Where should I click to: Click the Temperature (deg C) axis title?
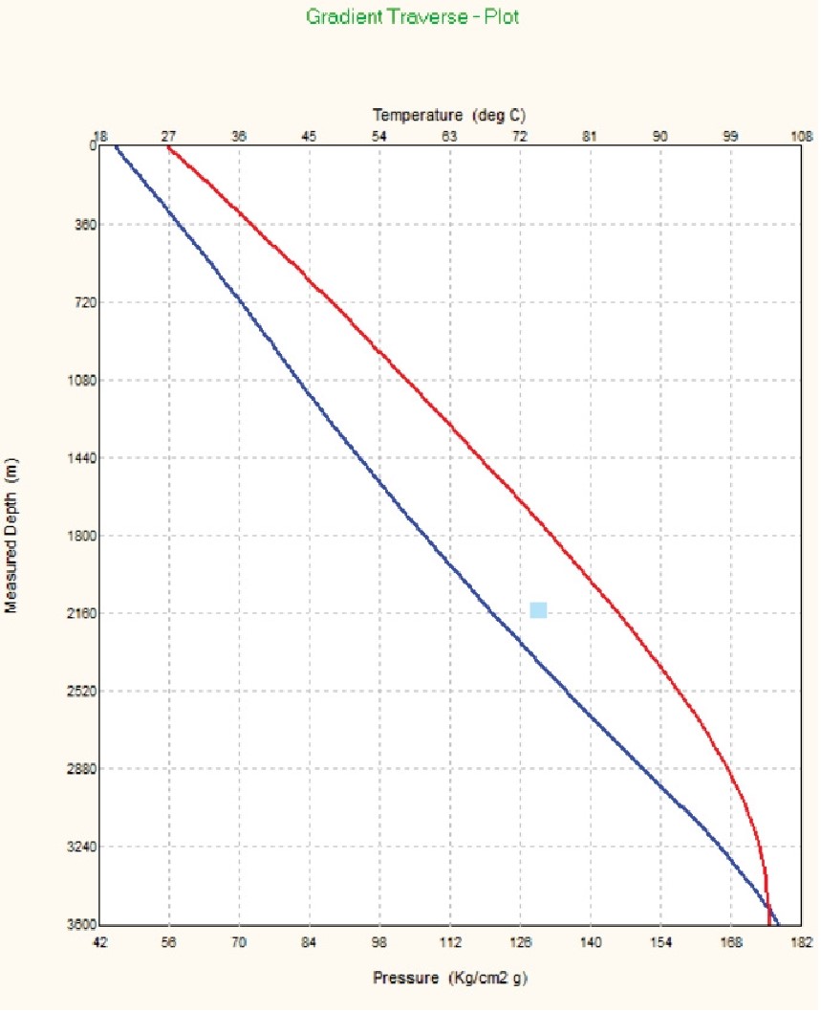[x=449, y=115]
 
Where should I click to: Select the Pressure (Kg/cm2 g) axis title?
[x=449, y=979]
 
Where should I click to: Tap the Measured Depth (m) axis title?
[x=12, y=536]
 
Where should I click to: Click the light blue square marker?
[x=538, y=610]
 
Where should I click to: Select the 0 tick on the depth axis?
[x=92, y=146]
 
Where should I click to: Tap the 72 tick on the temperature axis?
[x=520, y=137]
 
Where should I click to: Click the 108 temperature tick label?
[x=799, y=137]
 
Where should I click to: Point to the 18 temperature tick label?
[x=98, y=137]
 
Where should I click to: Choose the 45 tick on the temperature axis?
[x=309, y=137]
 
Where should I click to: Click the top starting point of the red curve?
[x=168, y=148]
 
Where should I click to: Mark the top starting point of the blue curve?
[x=115, y=147]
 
